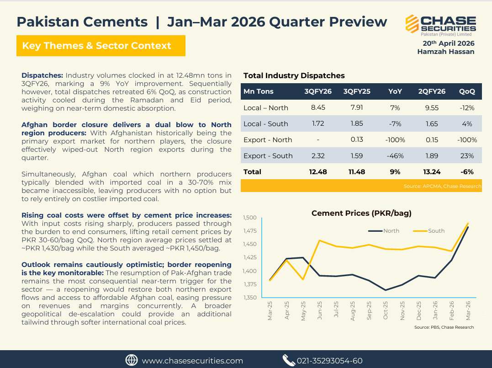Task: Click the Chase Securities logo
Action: pyautogui.click(x=440, y=26)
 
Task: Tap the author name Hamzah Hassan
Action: pyautogui.click(x=445, y=52)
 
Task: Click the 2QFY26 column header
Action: pyautogui.click(x=431, y=91)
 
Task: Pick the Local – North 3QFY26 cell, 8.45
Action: pyautogui.click(x=318, y=108)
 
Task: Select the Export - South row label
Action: pyautogui.click(x=268, y=156)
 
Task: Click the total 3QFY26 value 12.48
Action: pyautogui.click(x=318, y=172)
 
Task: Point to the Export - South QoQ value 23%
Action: pyautogui.click(x=467, y=156)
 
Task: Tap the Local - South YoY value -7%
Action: pyautogui.click(x=395, y=124)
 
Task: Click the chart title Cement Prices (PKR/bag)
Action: pyautogui.click(x=361, y=213)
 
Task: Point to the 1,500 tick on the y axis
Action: pyautogui.click(x=249, y=218)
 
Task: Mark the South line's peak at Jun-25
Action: pyautogui.click(x=319, y=240)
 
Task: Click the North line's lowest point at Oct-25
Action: pyautogui.click(x=386, y=290)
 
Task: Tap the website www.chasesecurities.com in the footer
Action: pyautogui.click(x=192, y=361)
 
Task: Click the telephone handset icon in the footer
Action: pyautogui.click(x=288, y=360)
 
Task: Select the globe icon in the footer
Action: pyautogui.click(x=132, y=360)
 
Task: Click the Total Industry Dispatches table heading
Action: pyautogui.click(x=294, y=76)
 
